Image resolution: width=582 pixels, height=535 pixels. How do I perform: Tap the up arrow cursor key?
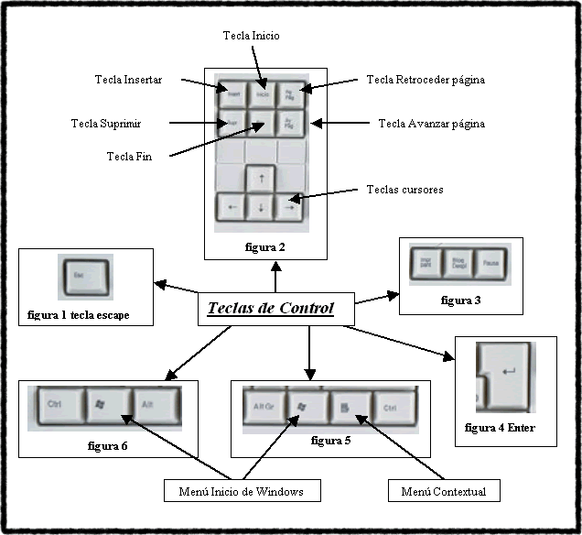261,177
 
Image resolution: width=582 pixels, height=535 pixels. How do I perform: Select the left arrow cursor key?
231,207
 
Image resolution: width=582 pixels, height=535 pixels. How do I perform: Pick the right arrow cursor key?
290,207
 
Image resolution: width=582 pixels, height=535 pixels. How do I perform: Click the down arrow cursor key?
261,207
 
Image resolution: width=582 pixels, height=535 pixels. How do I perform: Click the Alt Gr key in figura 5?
264,406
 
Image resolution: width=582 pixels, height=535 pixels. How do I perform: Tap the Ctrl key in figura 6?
59,403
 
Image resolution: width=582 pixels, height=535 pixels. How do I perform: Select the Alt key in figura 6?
156,403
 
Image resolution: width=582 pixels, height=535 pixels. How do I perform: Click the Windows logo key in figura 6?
107,403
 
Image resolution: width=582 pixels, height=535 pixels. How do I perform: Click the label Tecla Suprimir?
107,123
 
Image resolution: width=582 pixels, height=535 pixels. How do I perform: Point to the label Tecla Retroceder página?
426,80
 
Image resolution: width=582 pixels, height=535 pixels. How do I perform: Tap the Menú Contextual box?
443,492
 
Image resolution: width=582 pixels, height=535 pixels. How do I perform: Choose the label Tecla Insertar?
128,80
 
